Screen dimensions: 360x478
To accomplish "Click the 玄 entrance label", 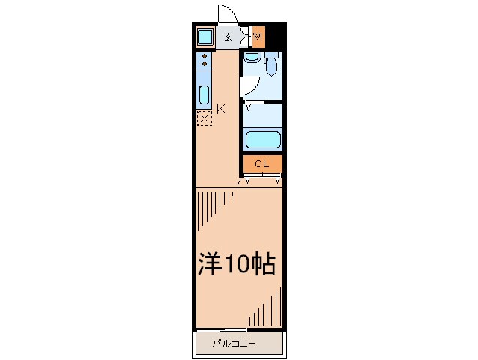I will click(x=227, y=36).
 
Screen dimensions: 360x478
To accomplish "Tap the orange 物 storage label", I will click(x=257, y=36).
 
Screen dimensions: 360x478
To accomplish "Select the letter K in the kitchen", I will click(x=222, y=108).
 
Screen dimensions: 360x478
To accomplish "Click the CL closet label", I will click(x=262, y=164).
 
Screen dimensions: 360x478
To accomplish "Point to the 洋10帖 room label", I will click(x=237, y=264).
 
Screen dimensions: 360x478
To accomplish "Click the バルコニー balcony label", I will click(x=233, y=344).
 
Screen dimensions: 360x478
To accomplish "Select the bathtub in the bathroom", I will click(x=262, y=139).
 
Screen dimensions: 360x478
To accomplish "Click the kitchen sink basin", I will click(x=205, y=95).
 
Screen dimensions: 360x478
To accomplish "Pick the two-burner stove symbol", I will click(x=205, y=60).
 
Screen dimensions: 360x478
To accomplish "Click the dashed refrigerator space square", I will click(x=205, y=118).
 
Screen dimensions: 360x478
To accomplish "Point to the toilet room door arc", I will click(x=250, y=85).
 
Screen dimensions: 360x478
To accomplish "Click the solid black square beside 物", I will click(x=274, y=36).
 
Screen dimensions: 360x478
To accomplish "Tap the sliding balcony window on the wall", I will click(x=222, y=329).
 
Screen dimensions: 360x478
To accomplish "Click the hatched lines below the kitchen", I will click(x=214, y=205).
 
